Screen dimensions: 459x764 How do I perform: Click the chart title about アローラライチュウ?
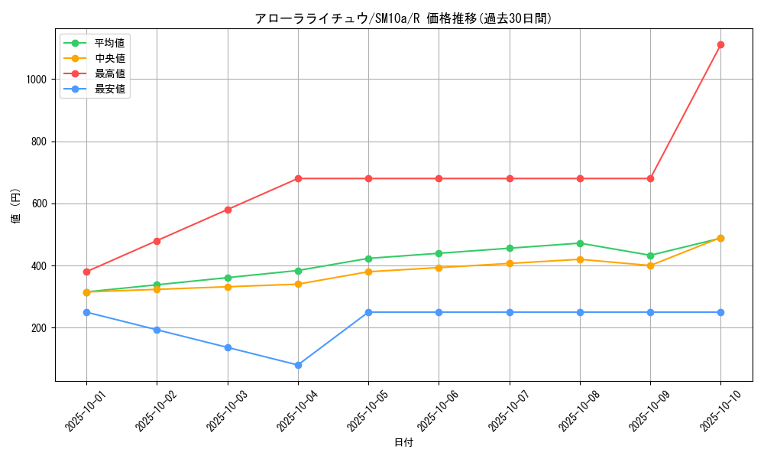[403, 18]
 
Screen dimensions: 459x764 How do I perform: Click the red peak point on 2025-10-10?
[720, 45]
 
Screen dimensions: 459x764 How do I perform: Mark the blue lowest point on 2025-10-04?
[298, 365]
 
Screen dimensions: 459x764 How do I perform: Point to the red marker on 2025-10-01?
[86, 272]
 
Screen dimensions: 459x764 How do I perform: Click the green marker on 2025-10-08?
[580, 243]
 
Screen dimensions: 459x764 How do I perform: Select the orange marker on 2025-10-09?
[650, 265]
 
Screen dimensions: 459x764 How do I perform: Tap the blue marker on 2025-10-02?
[157, 330]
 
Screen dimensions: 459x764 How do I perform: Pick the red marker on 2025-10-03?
[228, 210]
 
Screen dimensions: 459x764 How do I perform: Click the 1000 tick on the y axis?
[37, 80]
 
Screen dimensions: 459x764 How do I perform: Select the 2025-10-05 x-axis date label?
[358, 412]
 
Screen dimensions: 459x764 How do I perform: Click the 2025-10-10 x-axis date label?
[710, 412]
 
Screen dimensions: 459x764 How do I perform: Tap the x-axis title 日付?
[403, 443]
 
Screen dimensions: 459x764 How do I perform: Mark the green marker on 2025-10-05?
[368, 259]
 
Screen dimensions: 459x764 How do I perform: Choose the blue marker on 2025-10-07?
[510, 312]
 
